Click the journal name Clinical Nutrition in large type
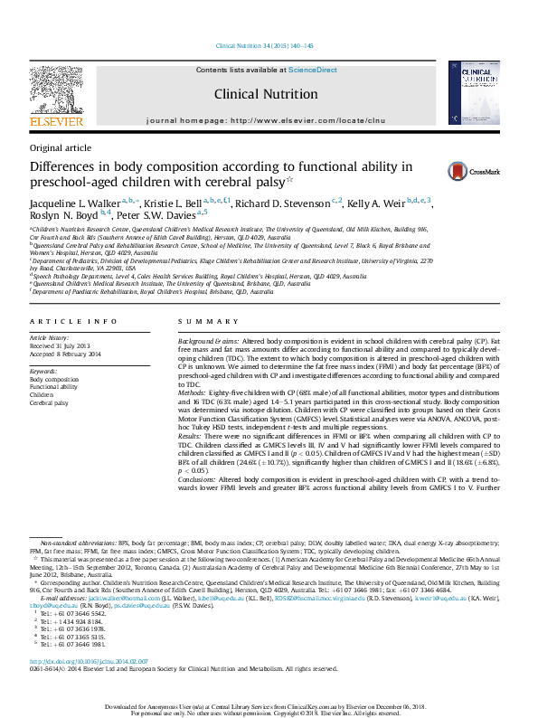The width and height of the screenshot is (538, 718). (x=266, y=94)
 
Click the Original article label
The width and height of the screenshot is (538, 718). (x=61, y=147)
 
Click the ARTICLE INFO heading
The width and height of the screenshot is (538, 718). (x=73, y=322)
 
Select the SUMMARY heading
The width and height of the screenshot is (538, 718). (x=196, y=322)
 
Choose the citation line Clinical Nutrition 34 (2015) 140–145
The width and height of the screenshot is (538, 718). (x=265, y=46)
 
